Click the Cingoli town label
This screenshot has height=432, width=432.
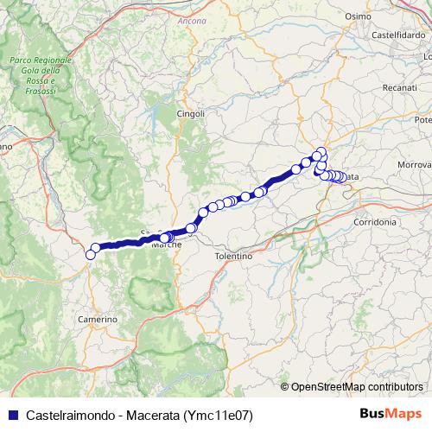pyautogui.click(x=191, y=113)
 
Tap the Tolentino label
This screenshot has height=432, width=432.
pyautogui.click(x=232, y=257)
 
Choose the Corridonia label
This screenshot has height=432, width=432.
pyautogui.click(x=375, y=222)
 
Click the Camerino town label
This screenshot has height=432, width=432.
pyautogui.click(x=98, y=320)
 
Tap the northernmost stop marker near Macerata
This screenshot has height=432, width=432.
pyautogui.click(x=321, y=152)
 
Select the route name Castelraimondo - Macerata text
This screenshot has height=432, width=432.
pyautogui.click(x=95, y=414)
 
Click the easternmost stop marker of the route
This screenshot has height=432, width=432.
pyautogui.click(x=343, y=177)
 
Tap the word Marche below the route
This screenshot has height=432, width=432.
pyautogui.click(x=166, y=245)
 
